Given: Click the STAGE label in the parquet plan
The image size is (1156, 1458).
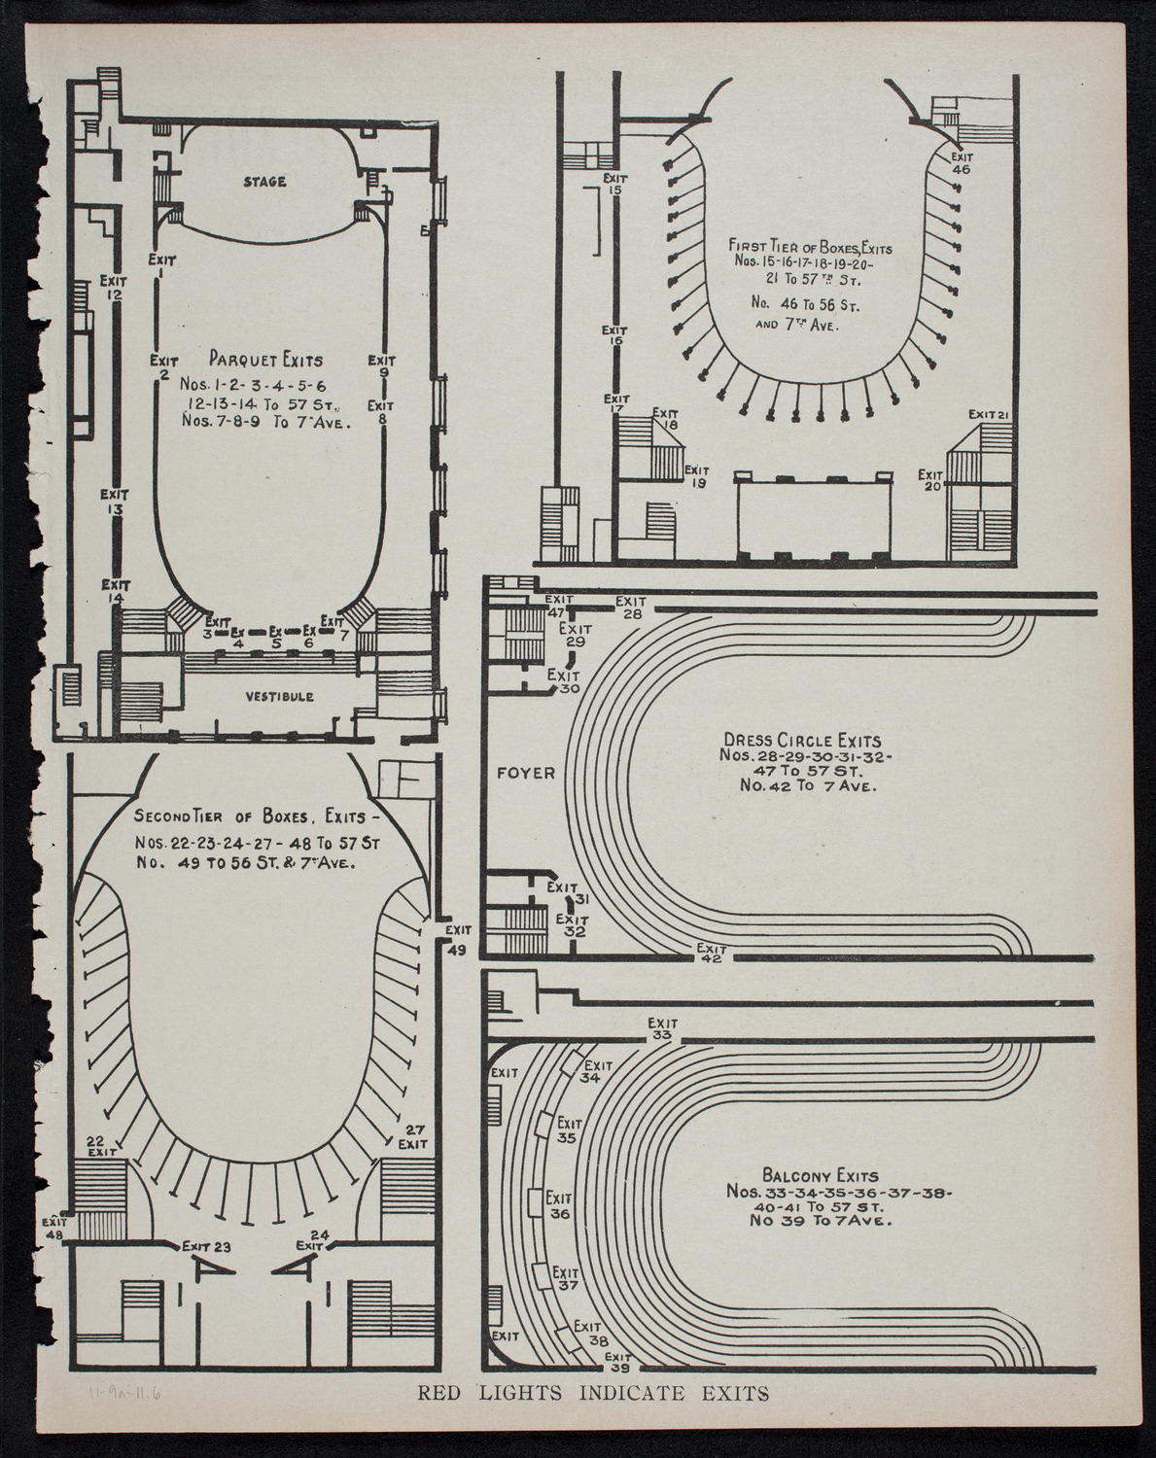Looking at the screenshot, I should click(264, 182).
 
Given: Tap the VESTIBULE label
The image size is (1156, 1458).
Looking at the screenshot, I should click(279, 697).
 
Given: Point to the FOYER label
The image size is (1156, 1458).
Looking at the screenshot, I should click(525, 774).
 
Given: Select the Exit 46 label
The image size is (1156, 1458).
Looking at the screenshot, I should click(962, 162).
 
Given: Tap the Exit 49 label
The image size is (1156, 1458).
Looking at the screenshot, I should click(457, 941).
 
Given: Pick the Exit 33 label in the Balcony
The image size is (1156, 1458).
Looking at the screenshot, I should click(663, 1029).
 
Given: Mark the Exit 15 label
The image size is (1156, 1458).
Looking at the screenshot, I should click(613, 184).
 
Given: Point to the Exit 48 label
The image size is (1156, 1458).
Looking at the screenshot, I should click(53, 1229).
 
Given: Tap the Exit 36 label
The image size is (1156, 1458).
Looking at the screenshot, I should click(559, 1205).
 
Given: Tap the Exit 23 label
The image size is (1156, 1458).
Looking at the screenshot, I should click(211, 1247).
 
